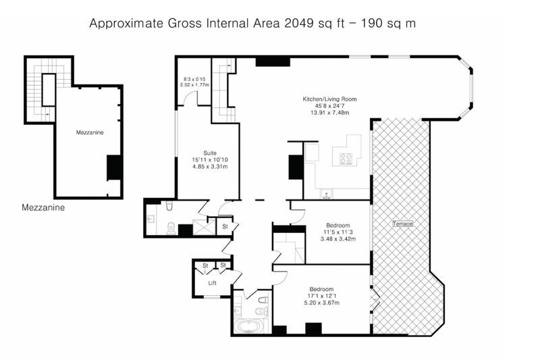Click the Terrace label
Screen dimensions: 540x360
402,224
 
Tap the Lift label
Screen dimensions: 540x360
212,283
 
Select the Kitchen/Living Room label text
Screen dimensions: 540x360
329,99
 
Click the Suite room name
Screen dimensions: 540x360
210,153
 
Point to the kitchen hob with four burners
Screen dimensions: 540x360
346,159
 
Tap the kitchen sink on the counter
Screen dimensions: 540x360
325,194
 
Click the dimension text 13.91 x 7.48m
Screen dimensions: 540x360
329,113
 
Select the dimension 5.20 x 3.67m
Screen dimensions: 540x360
322,303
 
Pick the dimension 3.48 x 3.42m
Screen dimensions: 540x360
338,238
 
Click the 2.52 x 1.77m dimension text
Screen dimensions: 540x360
194,84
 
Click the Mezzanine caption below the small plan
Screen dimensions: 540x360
43,207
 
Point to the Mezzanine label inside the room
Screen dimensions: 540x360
90,132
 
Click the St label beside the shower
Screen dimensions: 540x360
225,227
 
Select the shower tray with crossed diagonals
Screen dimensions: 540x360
204,227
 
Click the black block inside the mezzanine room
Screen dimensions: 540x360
114,168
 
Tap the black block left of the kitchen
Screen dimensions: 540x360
296,167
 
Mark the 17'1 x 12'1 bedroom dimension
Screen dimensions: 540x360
321,296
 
